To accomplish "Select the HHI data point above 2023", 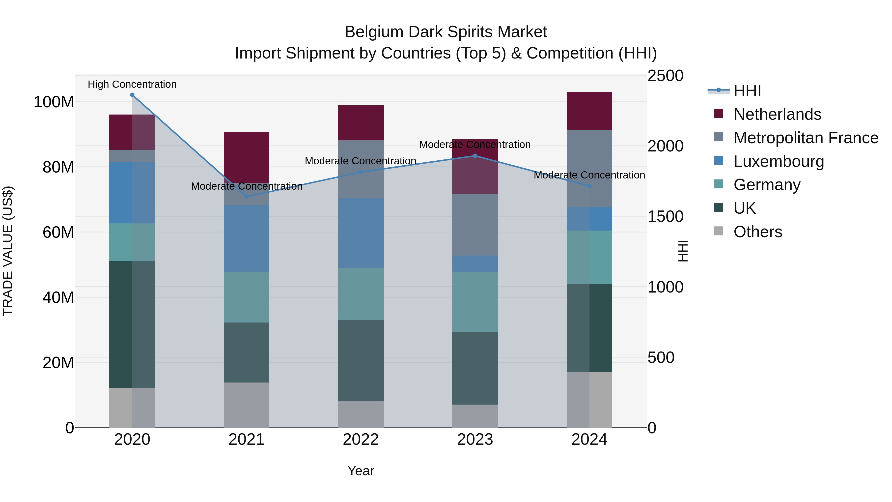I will pyautogui.click(x=475, y=156).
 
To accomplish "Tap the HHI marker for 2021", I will pyautogui.click(x=247, y=197).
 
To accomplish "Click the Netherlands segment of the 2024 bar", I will pyautogui.click(x=589, y=111).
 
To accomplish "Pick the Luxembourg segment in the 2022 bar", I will pyautogui.click(x=361, y=233).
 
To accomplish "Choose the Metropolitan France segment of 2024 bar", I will pyautogui.click(x=589, y=168).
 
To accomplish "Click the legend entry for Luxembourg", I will pyautogui.click(x=779, y=161).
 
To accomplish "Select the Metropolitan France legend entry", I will pyautogui.click(x=806, y=138).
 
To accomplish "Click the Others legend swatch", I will pyautogui.click(x=719, y=231).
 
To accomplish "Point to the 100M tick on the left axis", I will pyautogui.click(x=54, y=102).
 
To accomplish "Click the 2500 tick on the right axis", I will pyautogui.click(x=665, y=76).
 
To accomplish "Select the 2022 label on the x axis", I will pyautogui.click(x=361, y=440).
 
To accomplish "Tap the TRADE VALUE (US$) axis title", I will pyautogui.click(x=8, y=251).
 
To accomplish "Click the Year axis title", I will pyautogui.click(x=361, y=471).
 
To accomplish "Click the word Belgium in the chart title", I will pyautogui.click(x=374, y=32).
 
